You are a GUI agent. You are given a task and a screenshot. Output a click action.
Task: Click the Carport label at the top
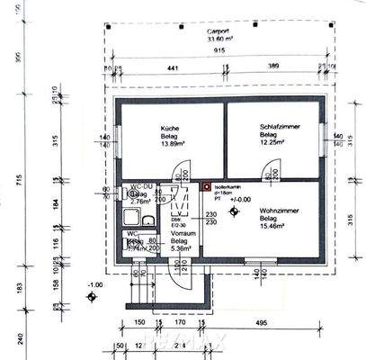tap(209, 29)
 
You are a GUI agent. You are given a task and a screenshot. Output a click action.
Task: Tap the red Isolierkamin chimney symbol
tap(206, 188)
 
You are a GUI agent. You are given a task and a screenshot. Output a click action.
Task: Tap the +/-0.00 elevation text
tap(241, 200)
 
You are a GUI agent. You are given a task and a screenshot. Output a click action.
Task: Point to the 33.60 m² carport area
tap(209, 39)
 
